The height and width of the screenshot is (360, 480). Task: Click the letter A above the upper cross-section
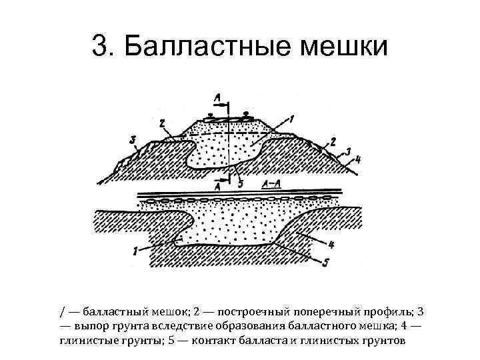click(x=218, y=98)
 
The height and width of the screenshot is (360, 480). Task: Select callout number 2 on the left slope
click(x=162, y=124)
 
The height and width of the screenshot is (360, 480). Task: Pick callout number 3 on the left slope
click(x=133, y=139)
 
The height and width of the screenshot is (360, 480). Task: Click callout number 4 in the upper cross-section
click(x=359, y=159)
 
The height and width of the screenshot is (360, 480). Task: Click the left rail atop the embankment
click(x=212, y=115)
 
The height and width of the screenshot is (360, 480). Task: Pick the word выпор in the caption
click(x=91, y=326)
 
